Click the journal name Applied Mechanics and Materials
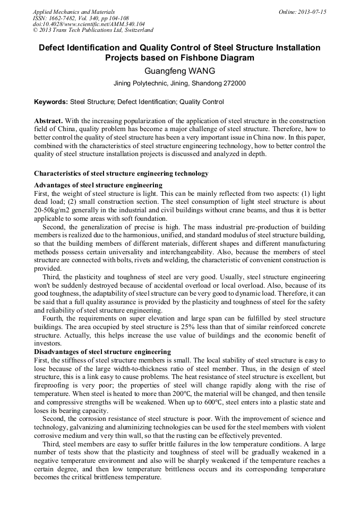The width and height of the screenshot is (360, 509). [x=73, y=12]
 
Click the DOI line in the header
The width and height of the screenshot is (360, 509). [x=89, y=24]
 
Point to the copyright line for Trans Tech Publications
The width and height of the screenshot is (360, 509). [x=93, y=30]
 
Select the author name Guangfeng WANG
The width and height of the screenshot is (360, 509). [x=179, y=71]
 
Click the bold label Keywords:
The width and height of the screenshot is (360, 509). [x=51, y=102]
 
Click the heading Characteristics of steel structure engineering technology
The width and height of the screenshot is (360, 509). [x=121, y=174]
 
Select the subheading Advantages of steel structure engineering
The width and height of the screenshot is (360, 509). [x=98, y=185]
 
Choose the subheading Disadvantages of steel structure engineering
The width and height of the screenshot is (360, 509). [x=102, y=352]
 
